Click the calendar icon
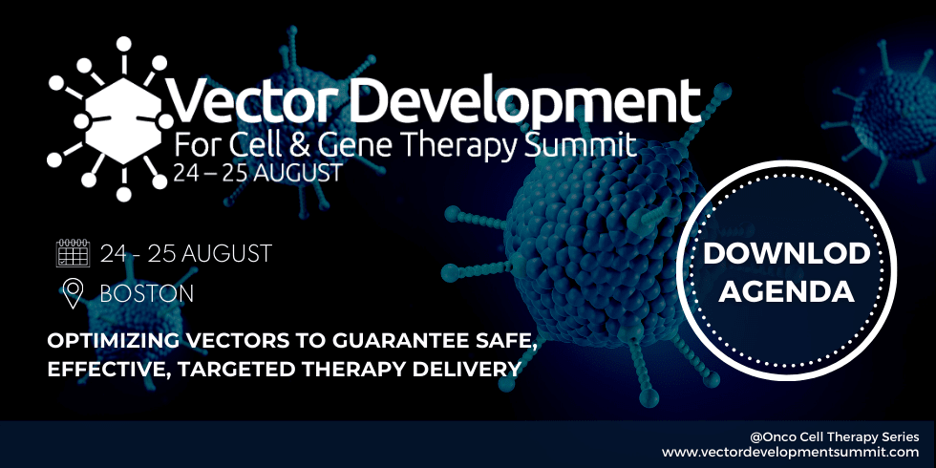[x=73, y=253]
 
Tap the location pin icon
[x=73, y=294]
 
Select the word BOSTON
[x=147, y=294]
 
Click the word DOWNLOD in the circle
[x=786, y=254]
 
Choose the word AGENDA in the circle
[x=786, y=291]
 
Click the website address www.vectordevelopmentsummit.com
[x=791, y=452]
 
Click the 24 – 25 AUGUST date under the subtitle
[x=258, y=173]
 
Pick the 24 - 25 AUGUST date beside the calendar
[x=185, y=254]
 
